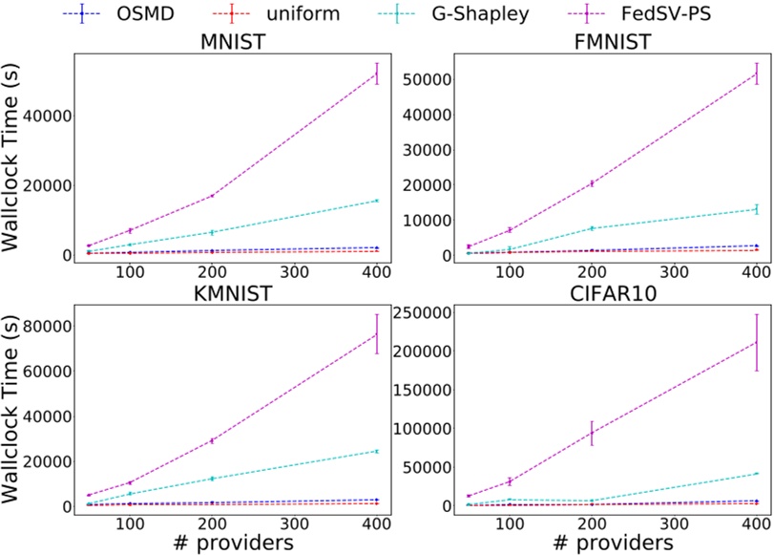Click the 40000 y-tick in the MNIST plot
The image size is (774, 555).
[x=52, y=116]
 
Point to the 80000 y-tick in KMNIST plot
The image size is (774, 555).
[x=52, y=326]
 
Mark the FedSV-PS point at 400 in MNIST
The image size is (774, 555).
[x=378, y=74]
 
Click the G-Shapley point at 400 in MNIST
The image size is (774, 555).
[x=378, y=201]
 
